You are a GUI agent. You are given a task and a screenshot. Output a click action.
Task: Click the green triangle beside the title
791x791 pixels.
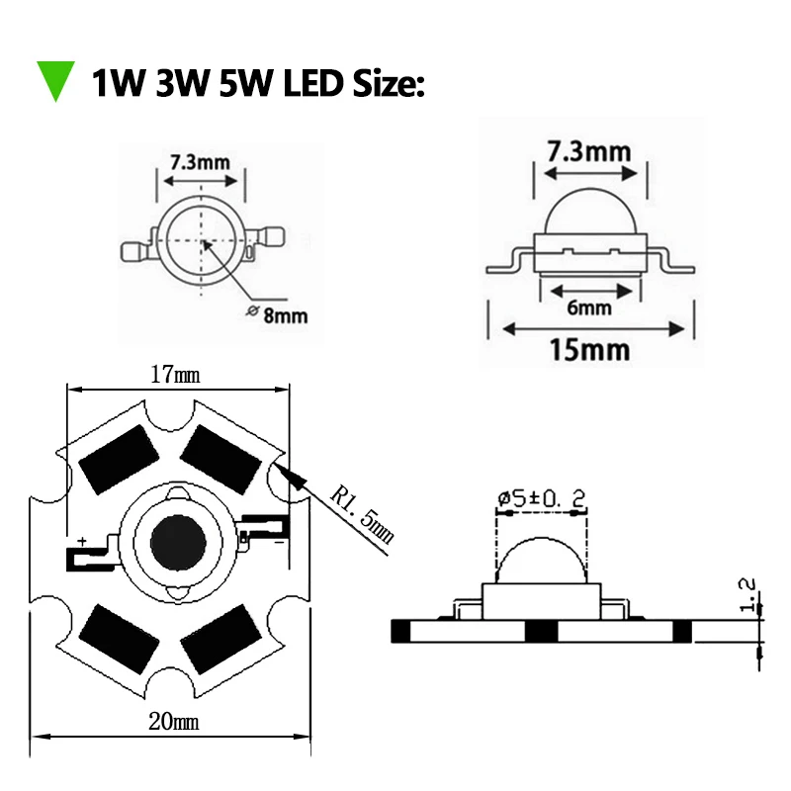click(x=55, y=80)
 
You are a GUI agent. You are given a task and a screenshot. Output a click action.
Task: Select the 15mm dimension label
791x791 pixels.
click(x=590, y=349)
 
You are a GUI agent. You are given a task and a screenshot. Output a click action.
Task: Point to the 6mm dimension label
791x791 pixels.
click(x=589, y=308)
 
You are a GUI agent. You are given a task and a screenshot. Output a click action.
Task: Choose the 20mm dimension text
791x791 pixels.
click(x=174, y=722)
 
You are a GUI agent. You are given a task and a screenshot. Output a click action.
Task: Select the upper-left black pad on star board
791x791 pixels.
click(x=118, y=462)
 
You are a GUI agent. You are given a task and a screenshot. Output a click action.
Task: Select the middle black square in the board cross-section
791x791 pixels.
click(x=540, y=631)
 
